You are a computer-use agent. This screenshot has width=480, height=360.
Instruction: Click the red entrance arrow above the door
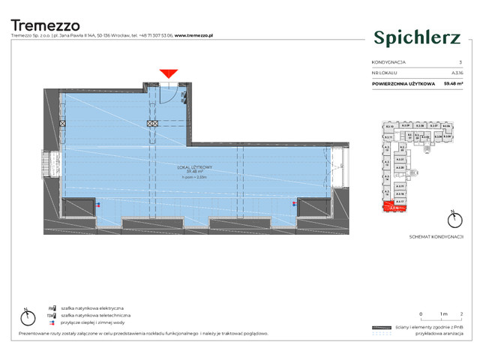(x=169, y=73)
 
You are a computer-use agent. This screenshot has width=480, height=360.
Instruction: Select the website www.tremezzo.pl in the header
(x=195, y=35)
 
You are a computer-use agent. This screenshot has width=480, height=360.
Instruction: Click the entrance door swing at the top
(x=169, y=93)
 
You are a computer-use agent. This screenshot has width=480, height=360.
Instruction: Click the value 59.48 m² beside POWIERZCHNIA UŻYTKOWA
(x=452, y=83)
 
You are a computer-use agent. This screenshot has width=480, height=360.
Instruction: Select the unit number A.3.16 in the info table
(x=457, y=73)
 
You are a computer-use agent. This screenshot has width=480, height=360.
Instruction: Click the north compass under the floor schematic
(x=452, y=220)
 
